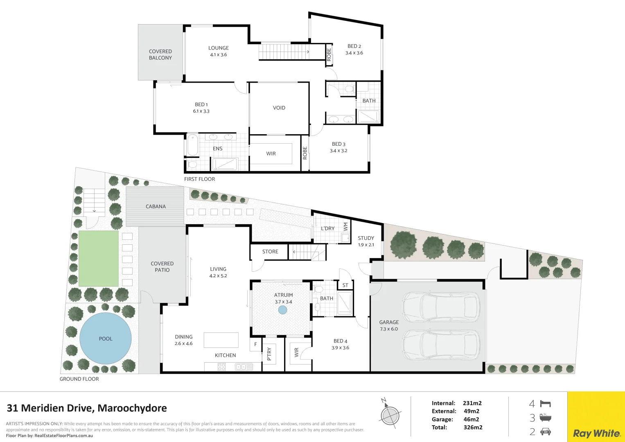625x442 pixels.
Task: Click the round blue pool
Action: coord(105,338)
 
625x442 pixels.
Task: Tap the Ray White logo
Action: coord(596,433)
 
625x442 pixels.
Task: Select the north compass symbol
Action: coord(390,415)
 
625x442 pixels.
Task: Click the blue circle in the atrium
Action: coord(282,310)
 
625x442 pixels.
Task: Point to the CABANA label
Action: coord(156,207)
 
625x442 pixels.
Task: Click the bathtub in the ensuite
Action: coord(192,145)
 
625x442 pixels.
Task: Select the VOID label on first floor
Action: coord(279,108)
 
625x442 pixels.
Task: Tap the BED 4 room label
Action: coord(340,341)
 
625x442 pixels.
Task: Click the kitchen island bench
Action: coord(221,340)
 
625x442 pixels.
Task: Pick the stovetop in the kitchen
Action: coord(221,367)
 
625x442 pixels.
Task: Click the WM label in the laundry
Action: coord(346,226)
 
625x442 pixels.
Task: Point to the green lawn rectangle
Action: coord(98,259)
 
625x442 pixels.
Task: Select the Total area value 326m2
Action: coord(473,427)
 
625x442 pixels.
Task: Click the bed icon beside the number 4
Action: coord(545,404)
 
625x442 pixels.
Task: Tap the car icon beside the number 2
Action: coord(546,432)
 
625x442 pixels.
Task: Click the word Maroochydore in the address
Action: coord(132,408)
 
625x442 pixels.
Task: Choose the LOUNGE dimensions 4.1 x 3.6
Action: coord(218,55)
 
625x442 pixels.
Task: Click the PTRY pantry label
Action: coord(269,354)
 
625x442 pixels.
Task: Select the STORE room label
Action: coord(270,252)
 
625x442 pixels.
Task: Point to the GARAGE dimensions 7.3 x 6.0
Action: coord(388,329)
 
